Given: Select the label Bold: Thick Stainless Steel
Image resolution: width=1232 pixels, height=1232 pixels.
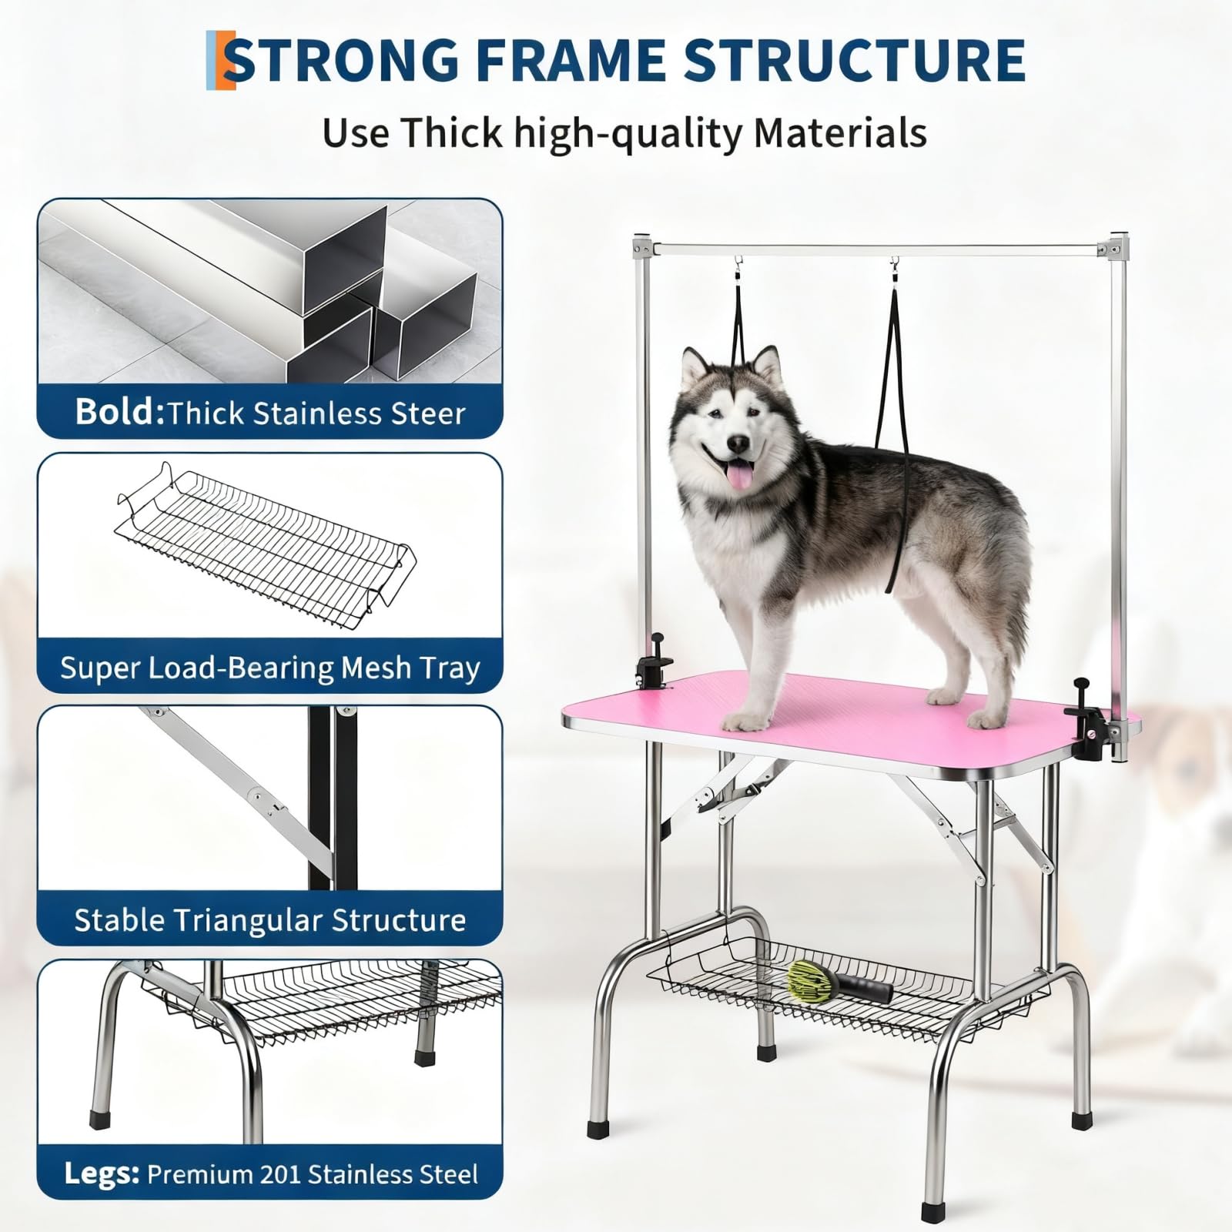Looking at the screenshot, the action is (270, 413).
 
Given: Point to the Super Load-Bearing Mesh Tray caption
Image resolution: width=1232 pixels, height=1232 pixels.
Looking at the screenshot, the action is (270, 668).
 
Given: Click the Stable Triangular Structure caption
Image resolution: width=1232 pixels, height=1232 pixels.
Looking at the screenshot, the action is (270, 920).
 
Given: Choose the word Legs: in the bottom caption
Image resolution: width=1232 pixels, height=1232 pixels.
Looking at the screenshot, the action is (102, 1174).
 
